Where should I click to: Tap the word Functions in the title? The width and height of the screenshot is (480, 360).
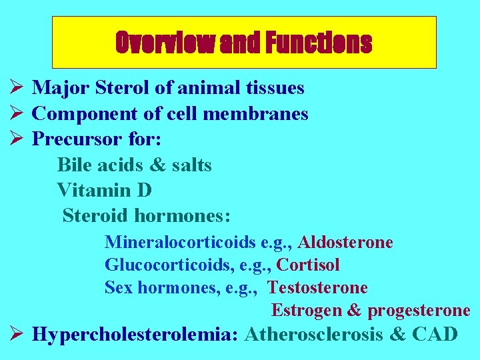[x=318, y=43]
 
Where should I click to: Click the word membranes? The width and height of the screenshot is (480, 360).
[x=255, y=114]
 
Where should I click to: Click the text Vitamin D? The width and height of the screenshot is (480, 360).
[x=105, y=191]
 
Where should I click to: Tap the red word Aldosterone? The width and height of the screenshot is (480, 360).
[x=345, y=242]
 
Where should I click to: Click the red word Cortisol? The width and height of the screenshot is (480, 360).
[x=308, y=265]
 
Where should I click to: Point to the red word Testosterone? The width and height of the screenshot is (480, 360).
[x=317, y=288]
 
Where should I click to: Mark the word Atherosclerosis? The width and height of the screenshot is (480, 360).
[x=313, y=333]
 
